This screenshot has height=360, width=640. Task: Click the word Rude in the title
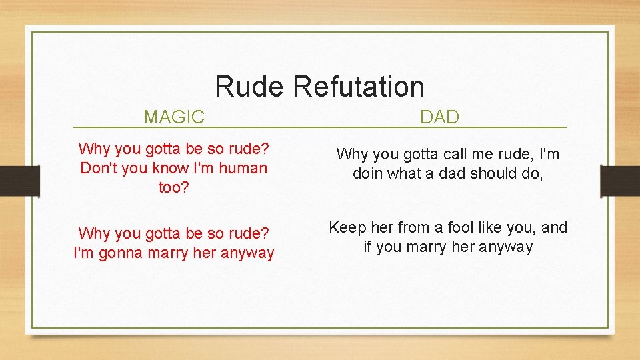[250, 87]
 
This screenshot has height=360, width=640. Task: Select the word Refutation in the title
[358, 87]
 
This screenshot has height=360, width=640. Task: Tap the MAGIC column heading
[174, 118]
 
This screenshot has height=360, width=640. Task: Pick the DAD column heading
[439, 118]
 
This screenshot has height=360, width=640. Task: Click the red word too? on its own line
[173, 188]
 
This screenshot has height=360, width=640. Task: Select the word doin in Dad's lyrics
[369, 174]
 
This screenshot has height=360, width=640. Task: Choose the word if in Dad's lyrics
[367, 247]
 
